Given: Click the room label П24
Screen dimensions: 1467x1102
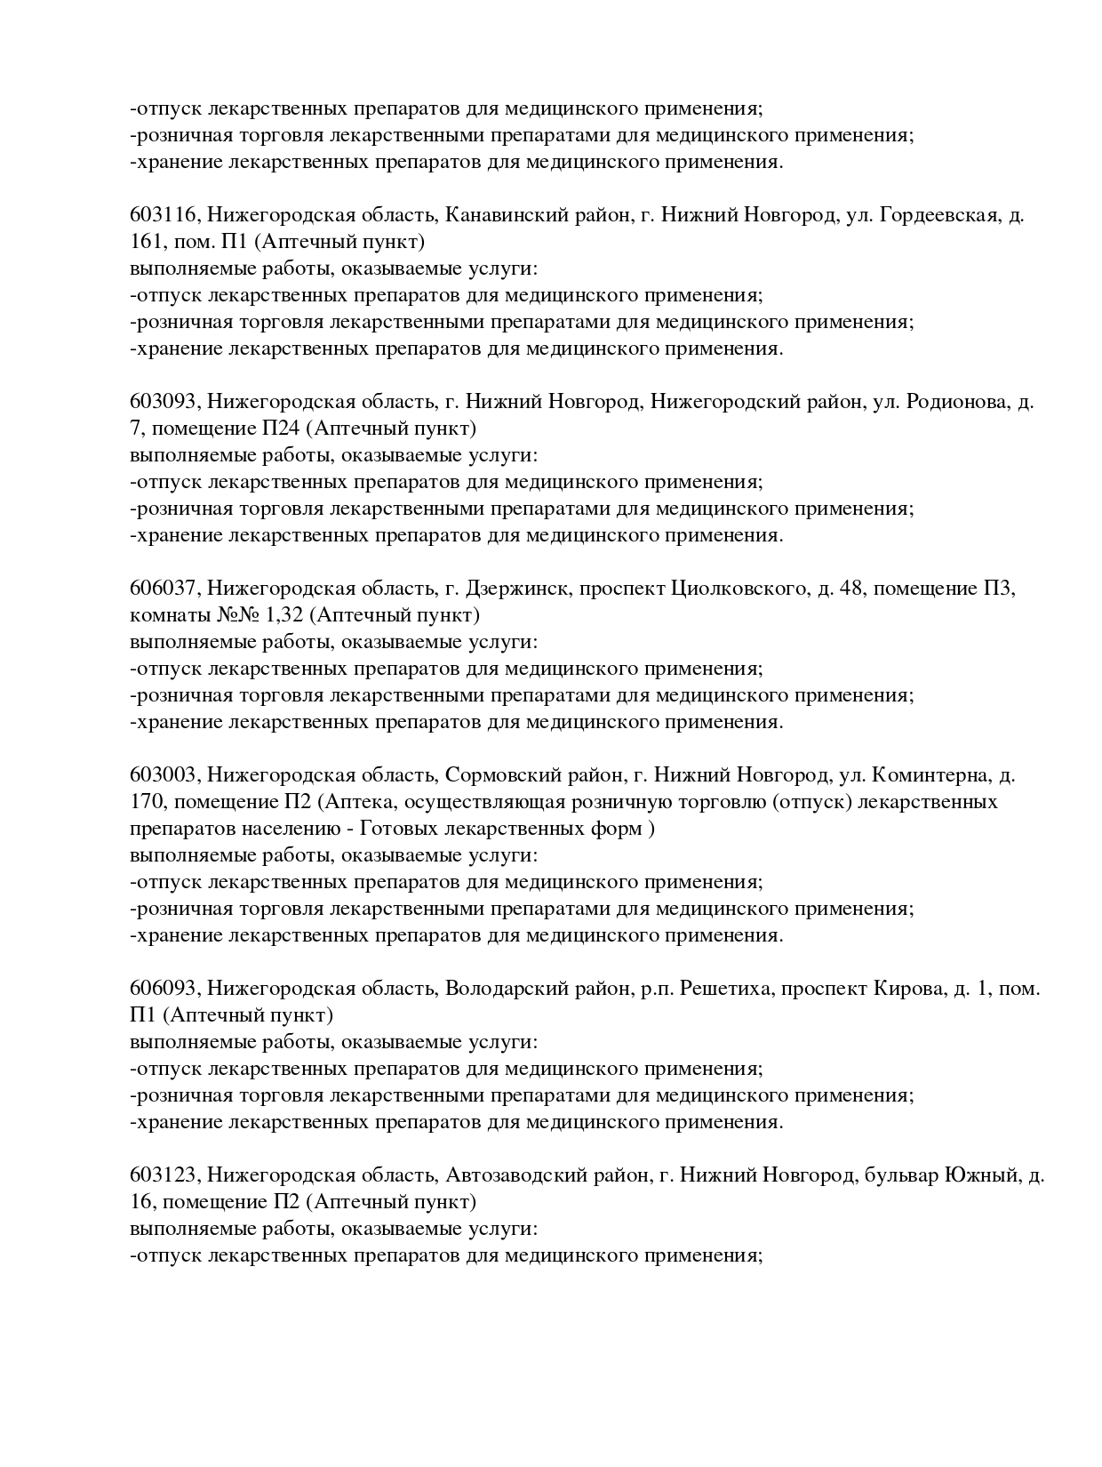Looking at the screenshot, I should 280,429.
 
